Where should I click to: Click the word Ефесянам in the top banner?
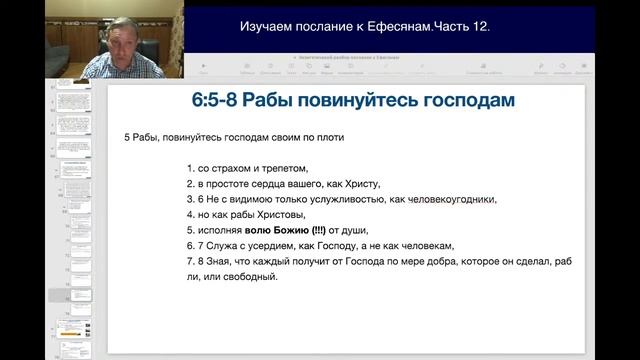point(396,26)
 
